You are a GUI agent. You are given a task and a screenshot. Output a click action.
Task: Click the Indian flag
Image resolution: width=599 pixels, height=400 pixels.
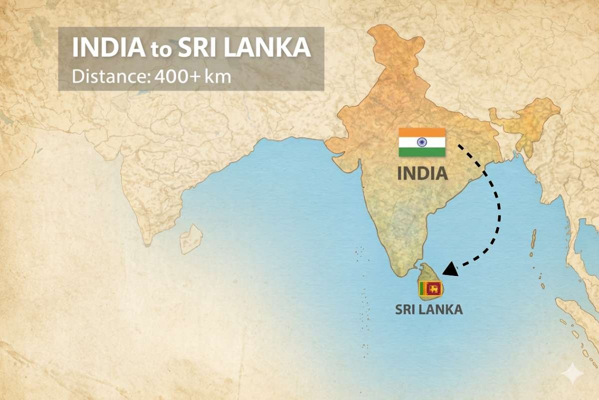pyautogui.click(x=422, y=142)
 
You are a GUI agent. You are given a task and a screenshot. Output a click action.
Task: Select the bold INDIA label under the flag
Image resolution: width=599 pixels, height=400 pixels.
pyautogui.click(x=422, y=173)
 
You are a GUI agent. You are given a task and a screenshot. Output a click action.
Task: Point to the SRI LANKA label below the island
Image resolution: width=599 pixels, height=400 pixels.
pyautogui.click(x=429, y=309)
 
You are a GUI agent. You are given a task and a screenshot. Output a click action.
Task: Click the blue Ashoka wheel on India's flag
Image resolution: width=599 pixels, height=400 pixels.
pyautogui.click(x=422, y=142)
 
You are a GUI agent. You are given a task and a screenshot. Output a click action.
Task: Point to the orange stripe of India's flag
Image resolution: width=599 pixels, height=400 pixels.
pyautogui.click(x=422, y=132)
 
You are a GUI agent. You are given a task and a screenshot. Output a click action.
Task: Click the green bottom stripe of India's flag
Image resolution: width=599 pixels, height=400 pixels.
pyautogui.click(x=422, y=152)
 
